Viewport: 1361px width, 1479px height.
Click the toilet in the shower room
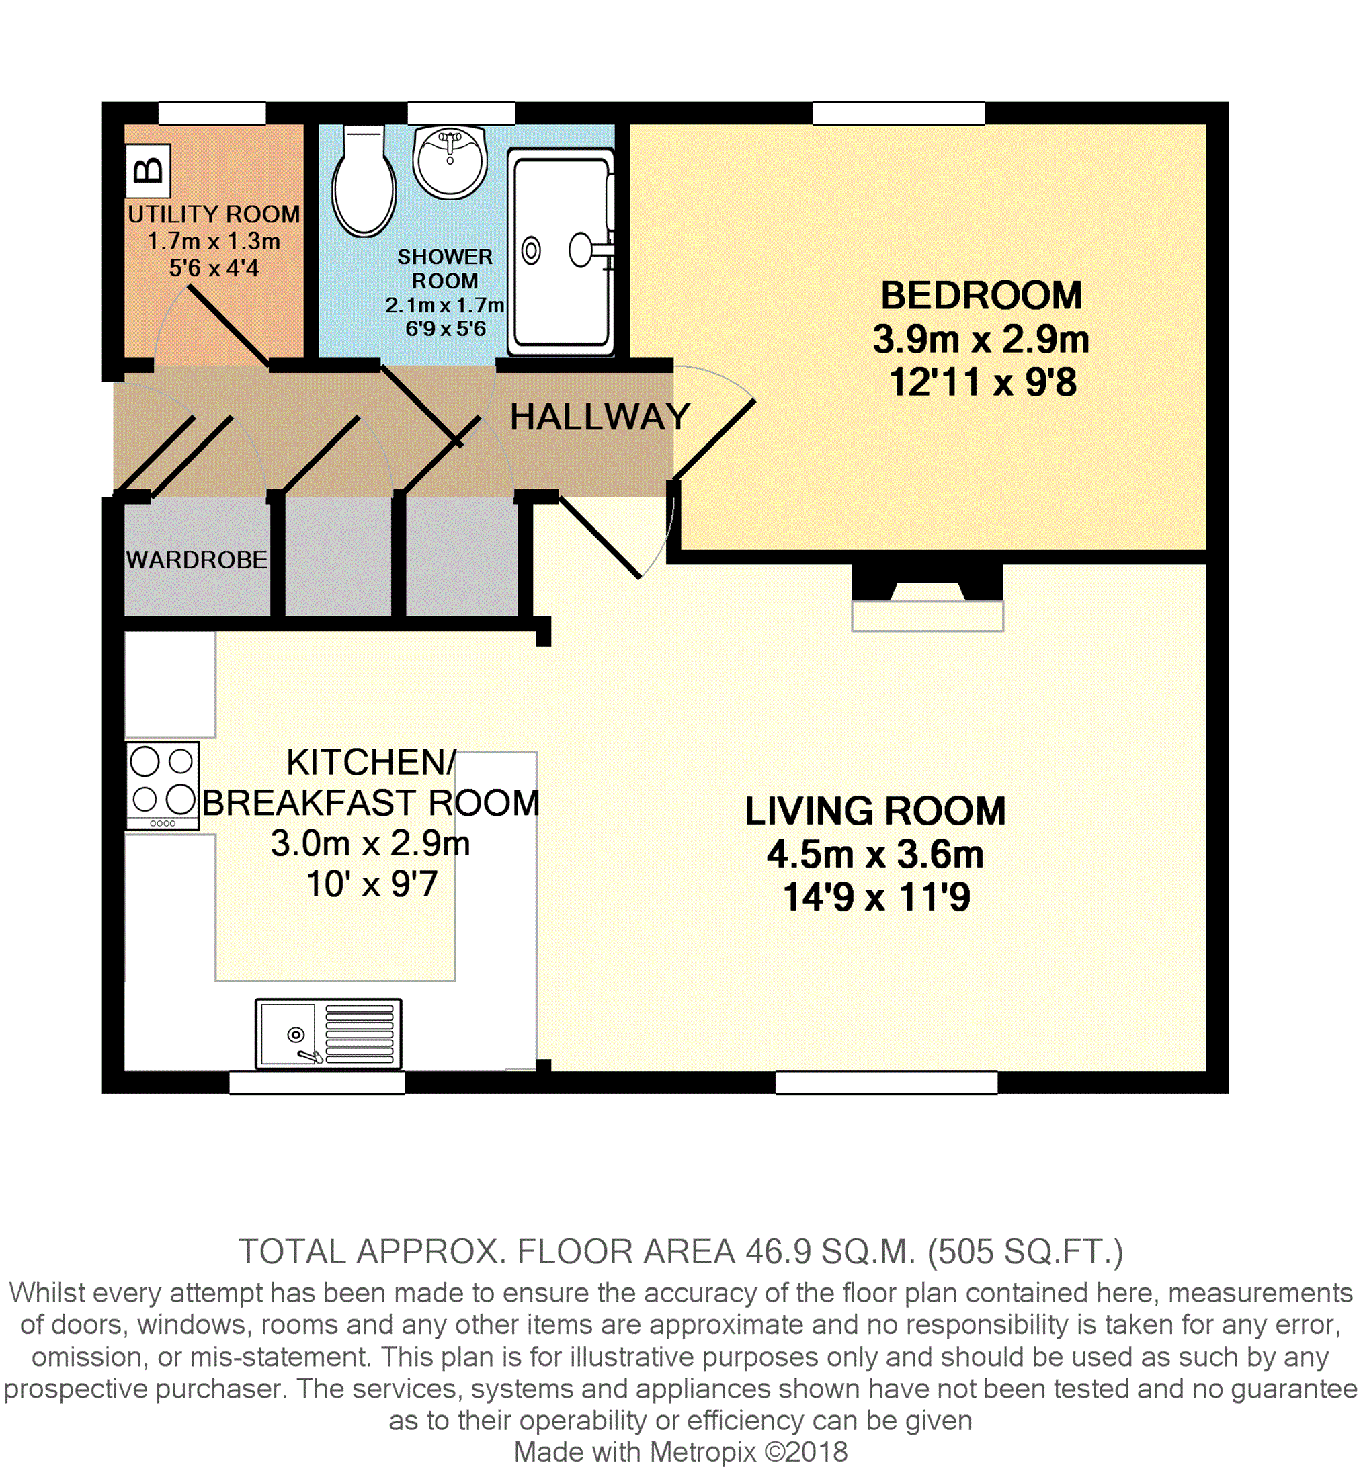[x=364, y=181]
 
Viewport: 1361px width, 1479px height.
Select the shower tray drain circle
[x=531, y=250]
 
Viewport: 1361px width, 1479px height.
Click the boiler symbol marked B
[x=148, y=171]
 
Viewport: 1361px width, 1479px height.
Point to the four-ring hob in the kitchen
[x=163, y=786]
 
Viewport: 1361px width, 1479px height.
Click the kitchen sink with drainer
[x=329, y=1033]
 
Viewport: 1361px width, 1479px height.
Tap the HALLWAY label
[x=600, y=417]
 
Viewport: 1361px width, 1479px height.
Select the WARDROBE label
[x=197, y=560]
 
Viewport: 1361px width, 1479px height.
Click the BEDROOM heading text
[x=981, y=295]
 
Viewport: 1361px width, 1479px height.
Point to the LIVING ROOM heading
[x=875, y=810]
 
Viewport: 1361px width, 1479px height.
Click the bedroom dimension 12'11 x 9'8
[x=983, y=382]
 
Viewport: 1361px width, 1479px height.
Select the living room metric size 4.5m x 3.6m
[x=875, y=854]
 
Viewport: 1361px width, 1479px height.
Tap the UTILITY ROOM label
[x=214, y=214]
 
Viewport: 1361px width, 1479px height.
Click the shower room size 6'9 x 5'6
[x=446, y=329]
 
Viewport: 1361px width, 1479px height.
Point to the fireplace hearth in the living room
[x=927, y=616]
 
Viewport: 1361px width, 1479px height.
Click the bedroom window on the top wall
[x=899, y=114]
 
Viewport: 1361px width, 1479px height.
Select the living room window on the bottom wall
[x=886, y=1082]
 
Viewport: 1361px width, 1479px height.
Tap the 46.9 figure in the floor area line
[x=778, y=1251]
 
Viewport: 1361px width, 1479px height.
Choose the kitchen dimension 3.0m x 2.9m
[x=370, y=843]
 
